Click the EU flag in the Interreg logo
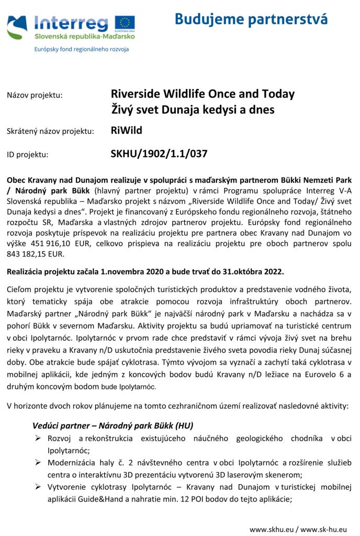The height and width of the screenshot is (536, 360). point(125,23)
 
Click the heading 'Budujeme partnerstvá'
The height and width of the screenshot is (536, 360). point(251,19)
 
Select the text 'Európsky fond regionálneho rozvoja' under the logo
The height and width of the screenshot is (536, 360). point(81,49)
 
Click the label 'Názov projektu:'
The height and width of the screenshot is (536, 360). point(34,95)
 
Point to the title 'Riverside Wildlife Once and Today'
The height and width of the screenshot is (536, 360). point(203,94)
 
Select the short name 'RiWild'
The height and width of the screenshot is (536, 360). point(126,130)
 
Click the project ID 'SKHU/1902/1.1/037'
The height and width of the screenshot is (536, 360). point(159,154)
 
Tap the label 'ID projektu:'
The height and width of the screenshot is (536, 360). point(27,154)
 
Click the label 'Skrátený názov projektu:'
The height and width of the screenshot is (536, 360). point(50,131)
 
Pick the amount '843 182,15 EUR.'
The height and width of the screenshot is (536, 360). point(35,254)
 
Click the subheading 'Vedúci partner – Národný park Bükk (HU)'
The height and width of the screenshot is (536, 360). point(113,425)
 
